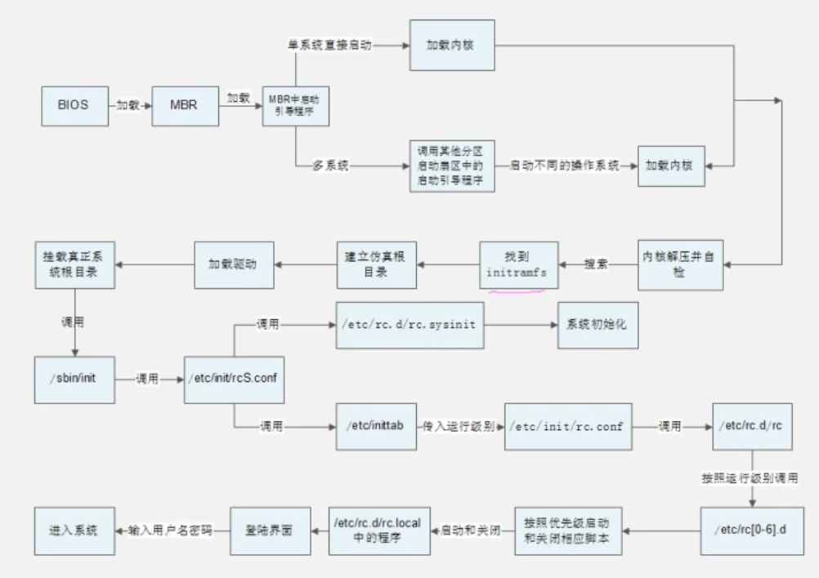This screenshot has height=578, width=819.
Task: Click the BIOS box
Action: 72,105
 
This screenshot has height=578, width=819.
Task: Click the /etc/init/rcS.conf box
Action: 235,379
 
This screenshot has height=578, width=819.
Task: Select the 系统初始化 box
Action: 597,325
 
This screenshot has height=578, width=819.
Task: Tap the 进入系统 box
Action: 72,530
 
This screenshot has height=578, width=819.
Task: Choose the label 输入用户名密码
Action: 170,530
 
